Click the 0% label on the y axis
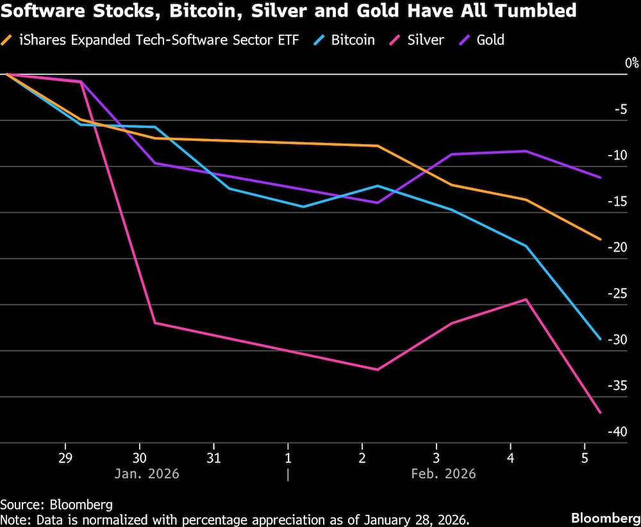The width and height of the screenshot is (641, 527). coord(632,63)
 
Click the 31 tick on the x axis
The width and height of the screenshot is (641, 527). coord(213,458)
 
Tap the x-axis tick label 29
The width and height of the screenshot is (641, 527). coord(65,458)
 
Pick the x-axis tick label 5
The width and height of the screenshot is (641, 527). coord(584,458)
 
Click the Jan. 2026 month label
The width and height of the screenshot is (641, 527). coord(147,474)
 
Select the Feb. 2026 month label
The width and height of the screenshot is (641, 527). coord(444,474)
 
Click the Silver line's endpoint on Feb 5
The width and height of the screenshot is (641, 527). coord(601,412)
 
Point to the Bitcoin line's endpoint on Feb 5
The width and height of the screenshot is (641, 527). coord(601,339)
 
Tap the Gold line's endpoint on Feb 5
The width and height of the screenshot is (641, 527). coord(601,177)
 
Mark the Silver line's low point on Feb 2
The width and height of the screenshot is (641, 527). coord(377,369)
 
